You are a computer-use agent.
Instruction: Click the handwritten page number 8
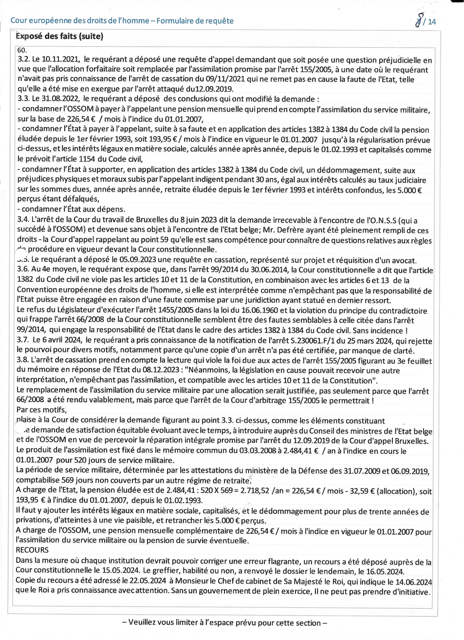[418, 20]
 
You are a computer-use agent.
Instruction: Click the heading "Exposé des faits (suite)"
[59, 36]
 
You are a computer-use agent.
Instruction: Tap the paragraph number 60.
[21, 50]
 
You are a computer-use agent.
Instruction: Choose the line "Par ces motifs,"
[41, 410]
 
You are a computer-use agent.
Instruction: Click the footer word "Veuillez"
[145, 623]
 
